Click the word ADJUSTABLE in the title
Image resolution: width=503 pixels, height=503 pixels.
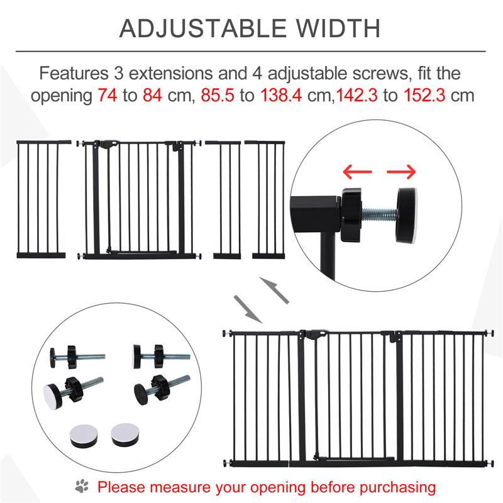[202, 28]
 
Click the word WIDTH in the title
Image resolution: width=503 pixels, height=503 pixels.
[338, 28]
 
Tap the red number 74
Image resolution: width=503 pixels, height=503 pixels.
[108, 96]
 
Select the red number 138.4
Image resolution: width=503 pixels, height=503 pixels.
[281, 96]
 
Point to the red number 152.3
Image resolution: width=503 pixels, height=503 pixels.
[424, 96]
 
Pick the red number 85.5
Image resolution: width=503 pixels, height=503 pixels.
[218, 96]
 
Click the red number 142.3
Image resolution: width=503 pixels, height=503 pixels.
[357, 96]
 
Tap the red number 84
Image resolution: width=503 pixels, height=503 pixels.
[152, 96]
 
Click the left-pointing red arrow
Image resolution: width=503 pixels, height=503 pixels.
[357, 172]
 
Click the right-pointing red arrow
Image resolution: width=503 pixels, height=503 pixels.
[401, 172]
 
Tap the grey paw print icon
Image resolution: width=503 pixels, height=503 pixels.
[82, 486]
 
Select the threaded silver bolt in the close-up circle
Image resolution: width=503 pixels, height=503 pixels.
[380, 213]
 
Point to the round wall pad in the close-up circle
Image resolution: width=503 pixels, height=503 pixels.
[407, 215]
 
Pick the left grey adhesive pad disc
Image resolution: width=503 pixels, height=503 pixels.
[82, 436]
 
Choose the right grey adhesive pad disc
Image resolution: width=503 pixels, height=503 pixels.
[125, 435]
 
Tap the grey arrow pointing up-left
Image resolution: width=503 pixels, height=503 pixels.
[274, 290]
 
